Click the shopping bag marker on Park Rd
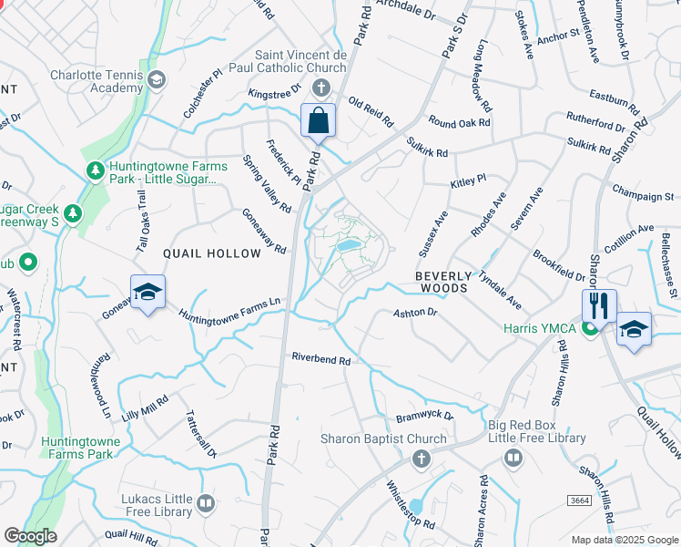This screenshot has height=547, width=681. coord(319,121)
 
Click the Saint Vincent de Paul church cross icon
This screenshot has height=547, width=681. coord(320,88)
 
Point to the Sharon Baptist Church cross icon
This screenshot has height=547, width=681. coord(421,459)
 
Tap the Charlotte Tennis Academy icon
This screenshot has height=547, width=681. coord(157,80)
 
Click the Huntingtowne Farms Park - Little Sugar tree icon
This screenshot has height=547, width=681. coord(95,170)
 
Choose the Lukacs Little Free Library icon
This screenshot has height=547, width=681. coord(207,503)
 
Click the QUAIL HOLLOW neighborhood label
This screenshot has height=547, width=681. coord(211,253)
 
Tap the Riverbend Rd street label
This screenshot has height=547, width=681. coord(320,360)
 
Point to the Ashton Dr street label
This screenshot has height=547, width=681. coord(416,313)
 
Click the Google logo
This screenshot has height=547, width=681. coord(29,536)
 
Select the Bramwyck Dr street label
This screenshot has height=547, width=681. coord(424,416)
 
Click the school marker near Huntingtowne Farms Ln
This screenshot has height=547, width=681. coord(147,294)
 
